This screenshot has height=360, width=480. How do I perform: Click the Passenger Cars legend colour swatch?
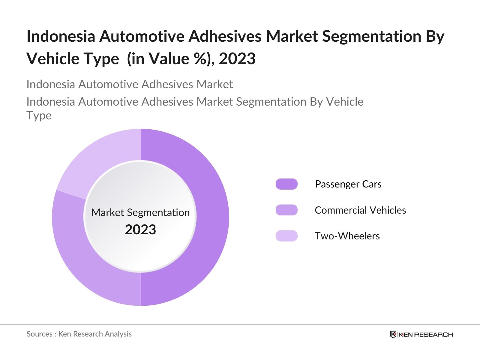pyautogui.click(x=286, y=184)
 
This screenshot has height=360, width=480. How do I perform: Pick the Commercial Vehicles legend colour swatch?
pyautogui.click(x=286, y=210)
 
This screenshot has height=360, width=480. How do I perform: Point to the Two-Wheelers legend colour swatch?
pyautogui.click(x=286, y=236)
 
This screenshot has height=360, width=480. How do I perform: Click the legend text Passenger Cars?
pyautogui.click(x=348, y=184)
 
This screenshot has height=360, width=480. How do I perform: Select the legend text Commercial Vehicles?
pyautogui.click(x=360, y=210)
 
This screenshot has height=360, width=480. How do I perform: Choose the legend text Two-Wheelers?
pyautogui.click(x=347, y=236)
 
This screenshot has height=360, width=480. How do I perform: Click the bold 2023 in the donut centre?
pyautogui.click(x=140, y=230)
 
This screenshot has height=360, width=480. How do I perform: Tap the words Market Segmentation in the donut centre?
pyautogui.click(x=140, y=212)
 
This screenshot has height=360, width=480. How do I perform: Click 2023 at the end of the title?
pyautogui.click(x=237, y=58)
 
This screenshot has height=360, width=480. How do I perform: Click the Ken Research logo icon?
pyautogui.click(x=393, y=334)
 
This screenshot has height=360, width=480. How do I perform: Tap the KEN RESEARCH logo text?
pyautogui.click(x=425, y=334)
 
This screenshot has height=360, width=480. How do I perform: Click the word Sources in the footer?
pyautogui.click(x=39, y=334)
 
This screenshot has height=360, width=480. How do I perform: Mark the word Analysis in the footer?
pyautogui.click(x=120, y=334)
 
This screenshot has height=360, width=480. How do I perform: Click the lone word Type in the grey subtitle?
pyautogui.click(x=39, y=115)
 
